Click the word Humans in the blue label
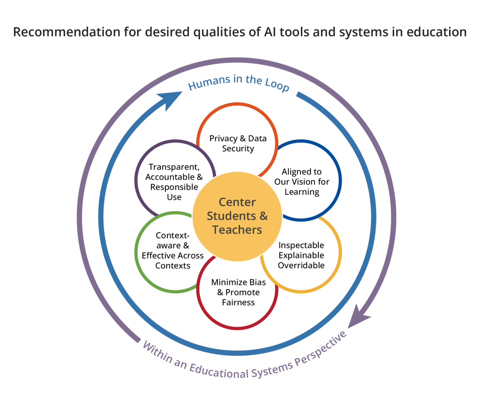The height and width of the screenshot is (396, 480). tap(206, 83)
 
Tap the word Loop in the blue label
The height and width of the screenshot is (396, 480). tap(277, 86)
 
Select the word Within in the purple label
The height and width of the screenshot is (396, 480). tap(157, 352)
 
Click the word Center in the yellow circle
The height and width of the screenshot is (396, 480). tap(237, 202)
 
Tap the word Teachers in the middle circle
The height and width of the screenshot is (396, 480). tap(237, 230)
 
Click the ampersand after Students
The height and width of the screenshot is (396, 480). tap(263, 216)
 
